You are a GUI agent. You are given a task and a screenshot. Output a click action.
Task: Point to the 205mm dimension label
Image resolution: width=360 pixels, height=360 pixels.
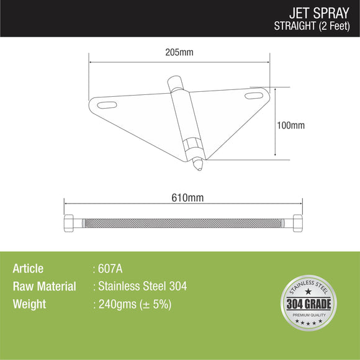click(x=180, y=53)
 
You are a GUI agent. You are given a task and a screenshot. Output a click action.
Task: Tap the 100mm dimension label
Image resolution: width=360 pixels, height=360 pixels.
click(x=290, y=125)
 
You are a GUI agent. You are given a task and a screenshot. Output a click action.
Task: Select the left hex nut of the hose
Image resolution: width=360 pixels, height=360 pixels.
click(x=70, y=222)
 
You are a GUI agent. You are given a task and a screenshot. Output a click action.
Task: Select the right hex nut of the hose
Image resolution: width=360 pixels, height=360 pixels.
click(x=297, y=222)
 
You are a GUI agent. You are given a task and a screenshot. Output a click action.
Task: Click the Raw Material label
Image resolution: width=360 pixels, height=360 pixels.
click(x=44, y=287)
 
